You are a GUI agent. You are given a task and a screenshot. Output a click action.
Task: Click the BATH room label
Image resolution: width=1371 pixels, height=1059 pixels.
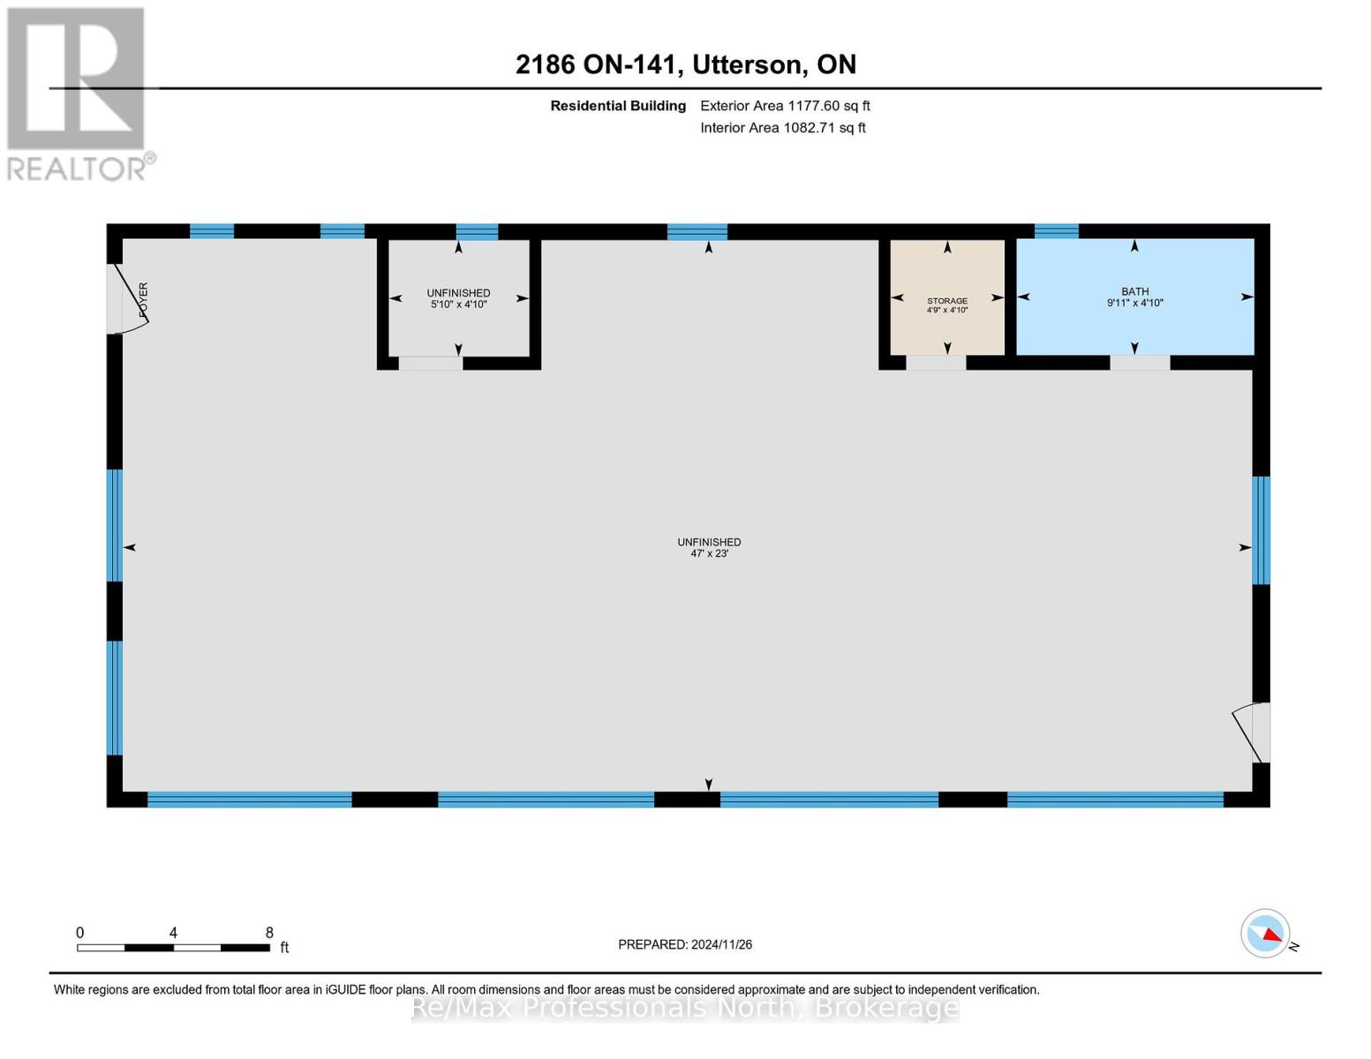click(x=1134, y=291)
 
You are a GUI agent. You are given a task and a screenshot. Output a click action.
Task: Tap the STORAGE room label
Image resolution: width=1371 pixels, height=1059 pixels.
click(x=947, y=301)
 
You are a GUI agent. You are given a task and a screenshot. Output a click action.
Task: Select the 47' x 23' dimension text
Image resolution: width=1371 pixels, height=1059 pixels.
click(x=709, y=553)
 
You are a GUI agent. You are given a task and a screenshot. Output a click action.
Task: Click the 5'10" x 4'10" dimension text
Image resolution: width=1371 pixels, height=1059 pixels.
click(x=458, y=304)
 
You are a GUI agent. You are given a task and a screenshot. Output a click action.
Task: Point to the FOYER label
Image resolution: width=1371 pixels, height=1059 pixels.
click(x=143, y=299)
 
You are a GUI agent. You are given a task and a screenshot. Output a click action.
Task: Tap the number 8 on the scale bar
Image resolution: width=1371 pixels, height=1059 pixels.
click(x=269, y=932)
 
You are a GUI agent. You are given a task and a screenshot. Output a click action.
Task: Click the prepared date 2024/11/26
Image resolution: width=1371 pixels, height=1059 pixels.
click(x=721, y=944)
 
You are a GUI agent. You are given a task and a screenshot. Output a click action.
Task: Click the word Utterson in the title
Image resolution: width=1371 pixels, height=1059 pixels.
click(x=747, y=64)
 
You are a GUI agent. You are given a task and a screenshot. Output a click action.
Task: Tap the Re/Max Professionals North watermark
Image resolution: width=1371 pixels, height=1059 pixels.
click(x=685, y=1007)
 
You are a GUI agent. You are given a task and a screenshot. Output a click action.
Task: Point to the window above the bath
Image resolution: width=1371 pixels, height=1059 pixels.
click(x=1056, y=231)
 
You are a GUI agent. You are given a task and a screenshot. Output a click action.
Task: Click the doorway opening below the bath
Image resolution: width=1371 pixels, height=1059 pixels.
click(x=1140, y=363)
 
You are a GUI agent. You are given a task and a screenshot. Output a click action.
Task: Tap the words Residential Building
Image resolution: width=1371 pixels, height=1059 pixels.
click(x=618, y=106)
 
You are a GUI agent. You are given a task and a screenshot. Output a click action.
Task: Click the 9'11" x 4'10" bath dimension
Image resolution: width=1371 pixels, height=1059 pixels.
click(x=1134, y=303)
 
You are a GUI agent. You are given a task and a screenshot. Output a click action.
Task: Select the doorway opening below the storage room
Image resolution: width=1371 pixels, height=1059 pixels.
click(x=936, y=363)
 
